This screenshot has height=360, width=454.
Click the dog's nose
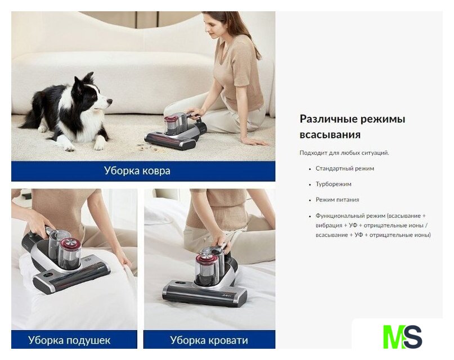tap(110, 101)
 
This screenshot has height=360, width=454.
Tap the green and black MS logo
tap(402, 337)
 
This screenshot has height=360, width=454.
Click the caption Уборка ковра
tap(137, 171)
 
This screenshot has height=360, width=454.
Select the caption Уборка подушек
tap(69, 340)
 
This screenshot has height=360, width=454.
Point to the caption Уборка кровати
tap(209, 340)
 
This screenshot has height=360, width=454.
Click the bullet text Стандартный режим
tap(345, 168)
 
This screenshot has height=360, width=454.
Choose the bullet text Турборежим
tap(334, 184)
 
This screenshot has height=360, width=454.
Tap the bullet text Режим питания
tap(338, 200)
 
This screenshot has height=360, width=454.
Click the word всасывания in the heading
tap(330, 135)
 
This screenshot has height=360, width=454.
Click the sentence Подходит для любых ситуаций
tap(344, 153)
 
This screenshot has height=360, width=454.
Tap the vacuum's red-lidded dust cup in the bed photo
tap(205, 268)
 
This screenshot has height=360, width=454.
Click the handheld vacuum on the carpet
tap(176, 131)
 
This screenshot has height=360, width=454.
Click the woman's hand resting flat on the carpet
tap(255, 141)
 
